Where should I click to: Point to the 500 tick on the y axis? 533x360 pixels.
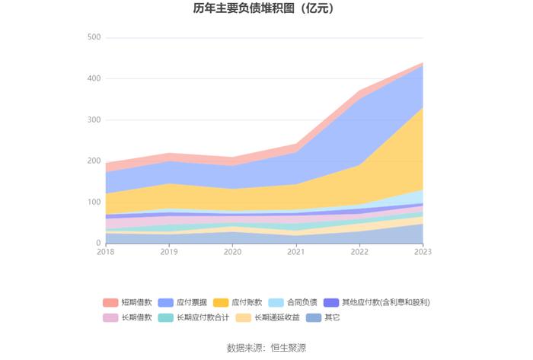tap(94, 37)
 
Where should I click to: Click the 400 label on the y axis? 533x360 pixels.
tap(94, 78)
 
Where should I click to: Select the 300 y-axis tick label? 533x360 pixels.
tap(94, 119)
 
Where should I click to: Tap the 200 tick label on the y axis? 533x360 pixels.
tap(94, 161)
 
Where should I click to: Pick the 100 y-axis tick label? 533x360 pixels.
tap(94, 202)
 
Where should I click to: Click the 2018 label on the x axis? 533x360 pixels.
tap(106, 252)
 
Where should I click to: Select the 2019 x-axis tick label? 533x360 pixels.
tap(169, 252)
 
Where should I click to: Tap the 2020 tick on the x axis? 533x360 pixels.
tap(232, 252)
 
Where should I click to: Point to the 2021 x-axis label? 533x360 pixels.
tap(295, 252)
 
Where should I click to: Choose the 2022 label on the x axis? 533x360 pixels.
tap(359, 252)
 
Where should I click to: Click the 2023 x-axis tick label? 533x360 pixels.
tap(423, 252)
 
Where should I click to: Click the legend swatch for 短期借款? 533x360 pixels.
tap(110, 302)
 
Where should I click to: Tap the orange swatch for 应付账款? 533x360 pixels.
tap(221, 302)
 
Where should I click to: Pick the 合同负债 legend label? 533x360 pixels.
tap(302, 302)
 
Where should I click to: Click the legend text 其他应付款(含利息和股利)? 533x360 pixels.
tap(386, 302)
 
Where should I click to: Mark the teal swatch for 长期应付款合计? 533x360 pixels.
tap(166, 317)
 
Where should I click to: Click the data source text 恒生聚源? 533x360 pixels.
tap(289, 348)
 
